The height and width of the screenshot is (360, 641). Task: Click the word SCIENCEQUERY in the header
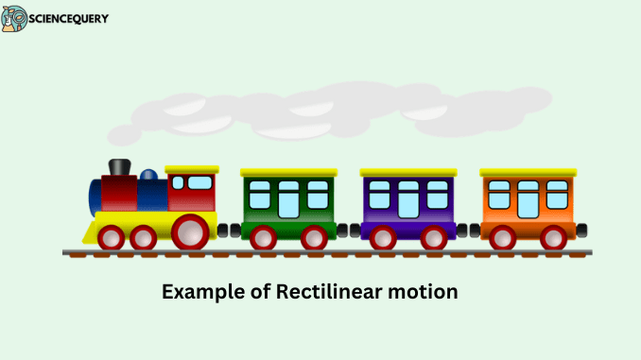coord(68,19)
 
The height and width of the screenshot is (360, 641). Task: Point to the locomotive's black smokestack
coord(118,167)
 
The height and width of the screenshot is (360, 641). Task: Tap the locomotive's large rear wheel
coord(192,232)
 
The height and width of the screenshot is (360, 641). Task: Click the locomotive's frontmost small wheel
coord(111,237)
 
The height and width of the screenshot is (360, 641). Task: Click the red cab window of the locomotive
coord(199,182)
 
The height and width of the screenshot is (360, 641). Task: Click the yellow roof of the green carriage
coord(288,173)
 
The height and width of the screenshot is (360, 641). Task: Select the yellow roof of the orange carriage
coord(528,173)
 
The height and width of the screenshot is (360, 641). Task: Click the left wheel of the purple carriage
coord(383,237)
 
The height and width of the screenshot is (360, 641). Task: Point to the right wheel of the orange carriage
coord(554,237)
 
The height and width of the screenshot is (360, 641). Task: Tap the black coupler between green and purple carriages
coord(348,230)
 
